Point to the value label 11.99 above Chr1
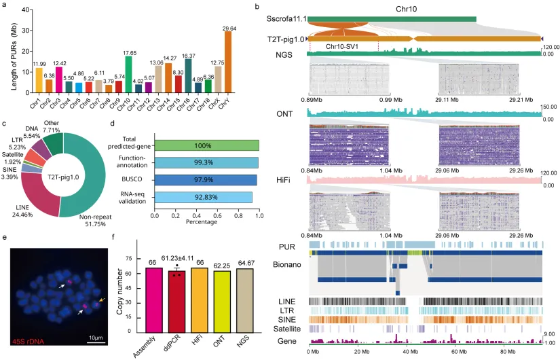[x=39, y=63]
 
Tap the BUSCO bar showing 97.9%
[x=206, y=180]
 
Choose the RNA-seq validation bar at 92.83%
[x=203, y=197]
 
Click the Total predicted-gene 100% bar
[x=206, y=145]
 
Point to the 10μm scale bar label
[x=94, y=337]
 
